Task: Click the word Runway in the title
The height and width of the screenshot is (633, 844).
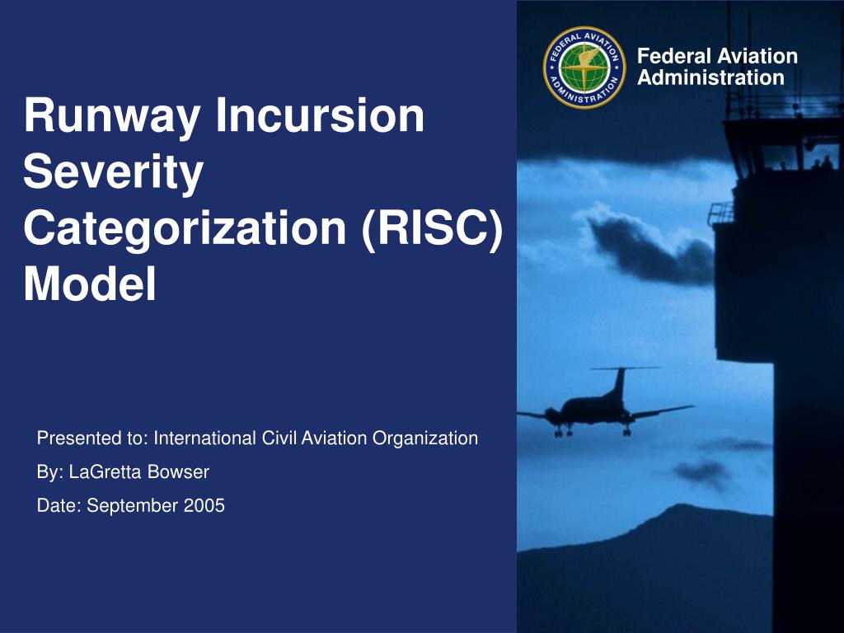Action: click(112, 115)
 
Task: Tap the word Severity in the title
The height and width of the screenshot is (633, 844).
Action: click(114, 172)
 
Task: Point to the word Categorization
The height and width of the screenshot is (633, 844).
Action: click(185, 228)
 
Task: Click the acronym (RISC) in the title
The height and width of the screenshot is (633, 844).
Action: click(432, 228)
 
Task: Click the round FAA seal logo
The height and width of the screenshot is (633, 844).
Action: click(584, 68)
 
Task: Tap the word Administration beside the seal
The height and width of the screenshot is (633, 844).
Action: click(710, 77)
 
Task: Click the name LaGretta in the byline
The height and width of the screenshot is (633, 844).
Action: click(105, 472)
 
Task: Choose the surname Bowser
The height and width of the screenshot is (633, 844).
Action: click(178, 472)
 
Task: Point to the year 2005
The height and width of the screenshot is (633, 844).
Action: click(204, 505)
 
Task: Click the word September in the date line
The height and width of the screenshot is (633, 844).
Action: click(133, 507)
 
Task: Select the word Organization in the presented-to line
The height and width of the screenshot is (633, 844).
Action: click(425, 439)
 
